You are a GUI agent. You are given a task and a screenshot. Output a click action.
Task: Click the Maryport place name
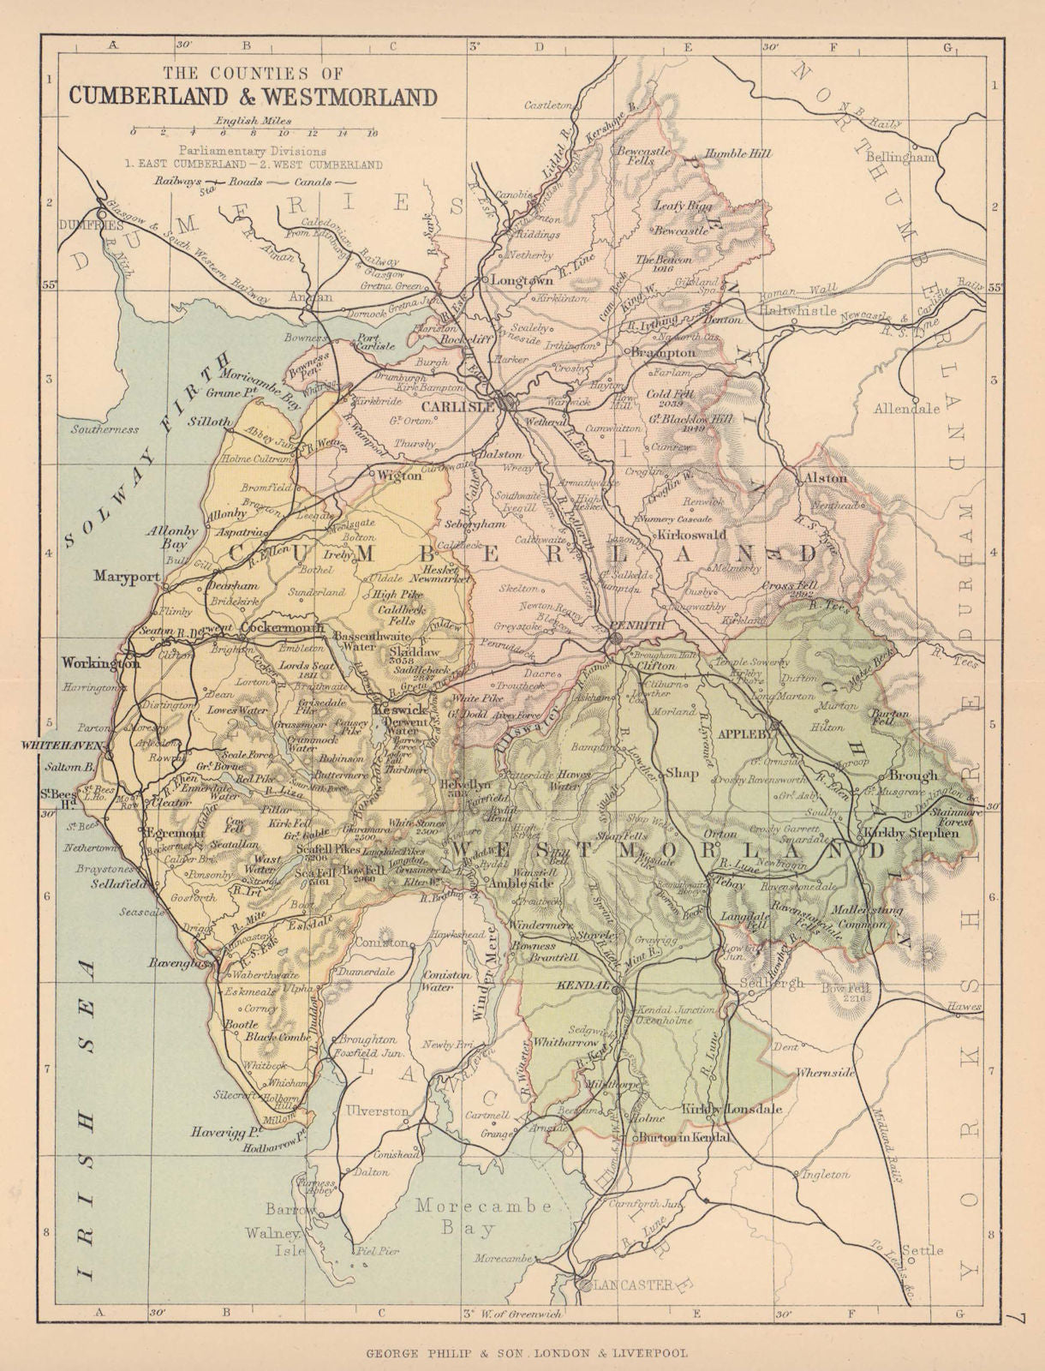[x=127, y=576]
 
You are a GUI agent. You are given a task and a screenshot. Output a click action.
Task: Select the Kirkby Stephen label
[x=907, y=832]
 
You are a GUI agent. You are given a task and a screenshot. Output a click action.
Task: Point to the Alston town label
[x=823, y=478]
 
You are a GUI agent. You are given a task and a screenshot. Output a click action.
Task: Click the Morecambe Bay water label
[x=484, y=1217]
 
